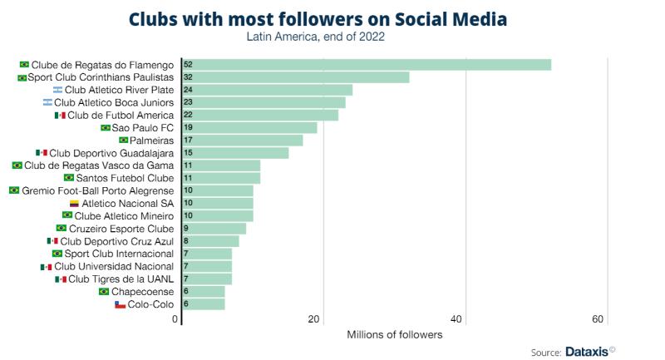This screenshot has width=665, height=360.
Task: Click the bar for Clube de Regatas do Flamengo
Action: click(x=367, y=64)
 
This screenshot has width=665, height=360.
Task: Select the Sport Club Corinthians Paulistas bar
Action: click(x=296, y=77)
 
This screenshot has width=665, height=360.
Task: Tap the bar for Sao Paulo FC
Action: click(x=249, y=127)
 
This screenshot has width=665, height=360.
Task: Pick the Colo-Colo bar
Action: click(x=204, y=304)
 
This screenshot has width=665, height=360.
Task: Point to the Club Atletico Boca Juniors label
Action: click(x=114, y=102)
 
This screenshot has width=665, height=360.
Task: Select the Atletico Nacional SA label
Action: click(x=128, y=204)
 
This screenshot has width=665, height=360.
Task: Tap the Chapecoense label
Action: click(x=142, y=292)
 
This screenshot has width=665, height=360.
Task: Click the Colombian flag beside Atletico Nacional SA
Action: click(x=74, y=204)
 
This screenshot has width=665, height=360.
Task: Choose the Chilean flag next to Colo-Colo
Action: click(x=120, y=304)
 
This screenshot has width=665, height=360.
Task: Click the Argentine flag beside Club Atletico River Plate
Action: click(x=57, y=90)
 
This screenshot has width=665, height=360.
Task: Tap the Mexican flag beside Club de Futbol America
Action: click(x=60, y=115)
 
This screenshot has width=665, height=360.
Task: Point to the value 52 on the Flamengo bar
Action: click(x=188, y=64)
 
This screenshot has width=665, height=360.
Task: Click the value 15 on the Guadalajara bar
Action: click(x=188, y=153)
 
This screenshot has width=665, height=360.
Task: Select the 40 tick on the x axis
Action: click(x=456, y=319)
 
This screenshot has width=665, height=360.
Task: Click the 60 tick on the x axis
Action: click(x=598, y=319)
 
